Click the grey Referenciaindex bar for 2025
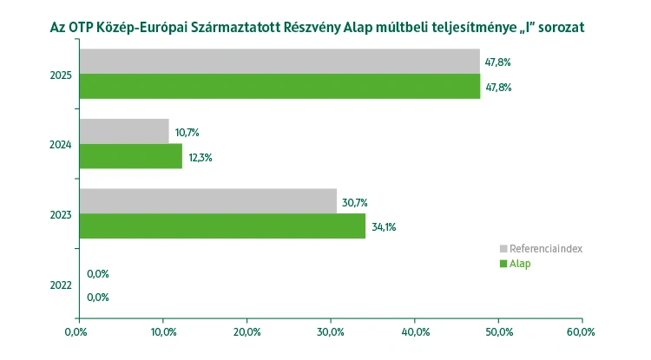pos(279,62)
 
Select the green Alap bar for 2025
pos(279,86)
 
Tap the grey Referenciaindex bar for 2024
pos(124,132)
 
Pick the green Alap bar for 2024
pos(131,156)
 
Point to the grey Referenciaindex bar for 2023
pos(208,201)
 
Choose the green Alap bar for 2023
pos(222,226)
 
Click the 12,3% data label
pos(200,157)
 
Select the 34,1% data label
pos(383,227)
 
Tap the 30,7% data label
pos(354,202)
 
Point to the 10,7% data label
pos(187,133)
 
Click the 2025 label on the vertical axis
pos(61,75)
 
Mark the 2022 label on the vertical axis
pos(61,285)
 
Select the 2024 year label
pos(61,144)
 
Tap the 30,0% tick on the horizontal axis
pos(331,331)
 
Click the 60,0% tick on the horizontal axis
pos(582,331)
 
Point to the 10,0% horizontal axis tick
pos(162,331)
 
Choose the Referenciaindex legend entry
pos(545,248)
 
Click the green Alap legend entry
pos(519,264)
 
